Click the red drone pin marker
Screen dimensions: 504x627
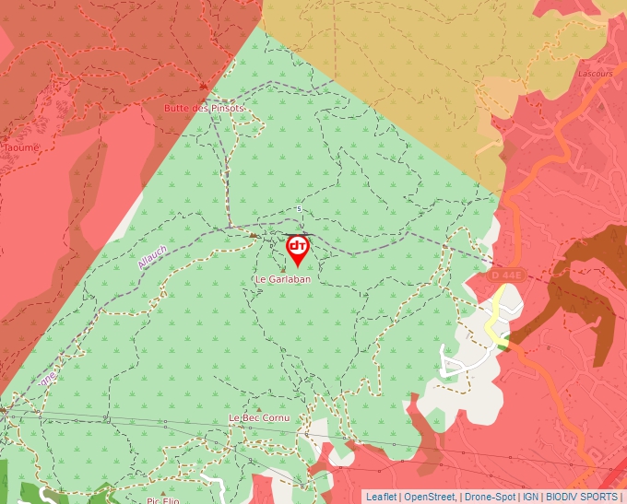298,249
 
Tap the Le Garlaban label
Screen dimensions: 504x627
283,278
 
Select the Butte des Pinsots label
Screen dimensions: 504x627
204,108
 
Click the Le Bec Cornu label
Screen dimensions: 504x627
259,418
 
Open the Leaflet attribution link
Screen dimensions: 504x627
381,497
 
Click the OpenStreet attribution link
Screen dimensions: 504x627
431,497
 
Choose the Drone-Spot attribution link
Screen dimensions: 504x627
489,497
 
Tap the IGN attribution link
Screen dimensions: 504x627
530,497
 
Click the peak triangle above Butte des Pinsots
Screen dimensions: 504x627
203,87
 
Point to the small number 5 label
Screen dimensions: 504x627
300,209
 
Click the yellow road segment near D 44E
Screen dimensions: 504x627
498,313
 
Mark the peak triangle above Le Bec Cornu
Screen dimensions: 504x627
260,406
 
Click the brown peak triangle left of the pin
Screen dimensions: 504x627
254,235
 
